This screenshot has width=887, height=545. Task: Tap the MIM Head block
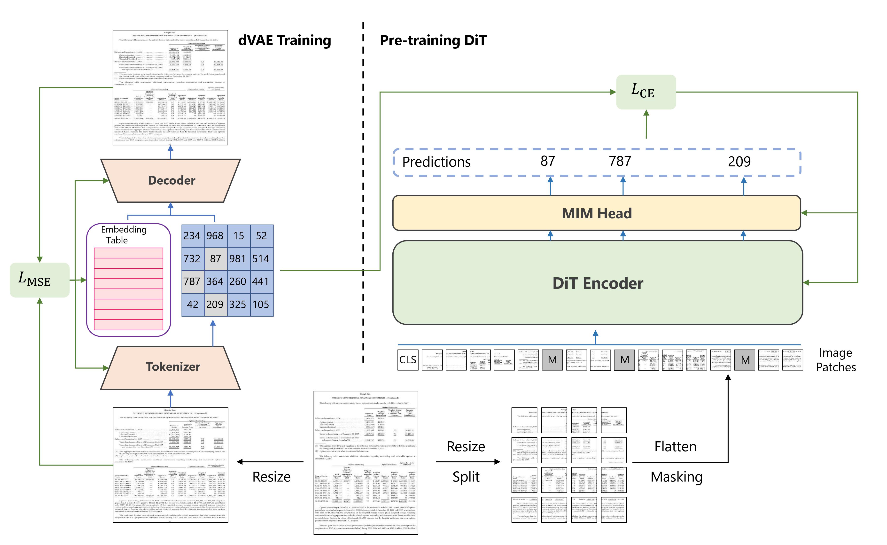[x=597, y=213]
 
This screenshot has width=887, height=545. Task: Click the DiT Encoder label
[x=598, y=283]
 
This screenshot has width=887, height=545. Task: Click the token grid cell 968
[x=215, y=236]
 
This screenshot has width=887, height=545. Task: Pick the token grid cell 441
[x=261, y=281]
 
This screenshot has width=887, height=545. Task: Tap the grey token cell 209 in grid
[x=215, y=304]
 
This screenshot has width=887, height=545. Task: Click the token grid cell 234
[x=192, y=236]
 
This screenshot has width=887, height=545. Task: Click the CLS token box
[x=408, y=359]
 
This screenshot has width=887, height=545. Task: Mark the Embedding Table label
[x=124, y=235]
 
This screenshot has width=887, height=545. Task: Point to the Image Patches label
[x=835, y=360]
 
